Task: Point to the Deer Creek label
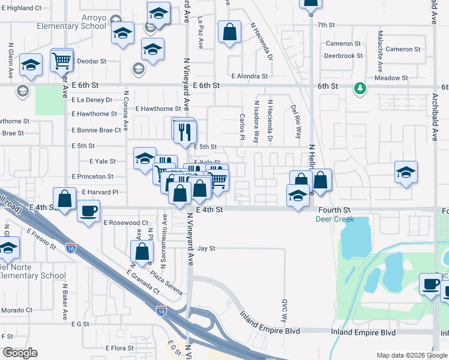(x=334, y=219)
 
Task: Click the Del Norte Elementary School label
(x=32, y=271)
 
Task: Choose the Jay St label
(x=206, y=248)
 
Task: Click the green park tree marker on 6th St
(x=360, y=88)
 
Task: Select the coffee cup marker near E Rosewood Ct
(x=89, y=212)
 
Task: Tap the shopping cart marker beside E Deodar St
(x=62, y=61)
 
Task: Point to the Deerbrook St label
(x=343, y=55)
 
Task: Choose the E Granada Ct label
(x=143, y=282)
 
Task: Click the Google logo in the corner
(x=19, y=353)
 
